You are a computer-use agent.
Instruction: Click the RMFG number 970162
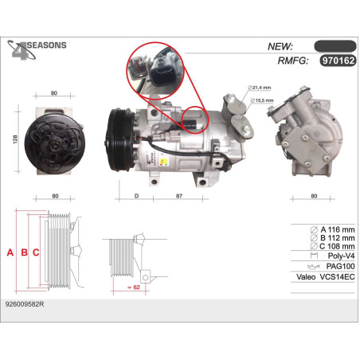point(338,61)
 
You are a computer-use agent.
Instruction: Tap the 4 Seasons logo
point(37,49)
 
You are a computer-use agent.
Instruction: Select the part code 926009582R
point(25,304)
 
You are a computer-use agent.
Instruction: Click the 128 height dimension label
point(15,139)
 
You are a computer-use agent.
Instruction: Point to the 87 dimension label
point(179,196)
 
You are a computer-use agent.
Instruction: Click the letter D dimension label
point(136,196)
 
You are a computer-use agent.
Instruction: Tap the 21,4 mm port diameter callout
point(260,88)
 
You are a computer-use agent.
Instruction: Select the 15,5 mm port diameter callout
point(262,100)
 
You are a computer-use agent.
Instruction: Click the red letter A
point(10,252)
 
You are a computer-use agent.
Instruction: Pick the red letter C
point(36,252)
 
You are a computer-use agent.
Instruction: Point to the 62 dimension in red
point(134,288)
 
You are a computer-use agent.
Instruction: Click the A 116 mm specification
point(333,229)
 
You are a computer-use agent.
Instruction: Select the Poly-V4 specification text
point(342,256)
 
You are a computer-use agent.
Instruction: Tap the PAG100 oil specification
point(341,266)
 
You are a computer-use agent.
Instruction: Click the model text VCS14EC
point(338,277)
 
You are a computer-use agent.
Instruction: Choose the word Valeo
point(306,277)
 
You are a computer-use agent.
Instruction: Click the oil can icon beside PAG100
point(314,266)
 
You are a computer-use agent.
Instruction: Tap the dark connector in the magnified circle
point(162,73)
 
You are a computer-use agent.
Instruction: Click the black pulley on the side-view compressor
point(121,139)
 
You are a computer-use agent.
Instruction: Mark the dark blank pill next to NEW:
point(335,46)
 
